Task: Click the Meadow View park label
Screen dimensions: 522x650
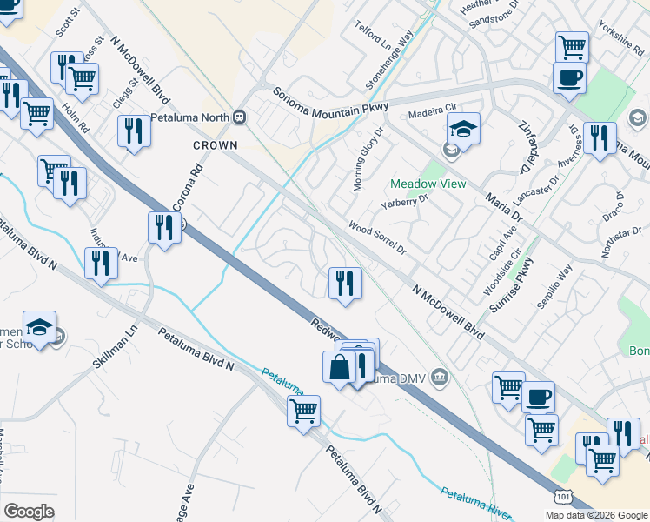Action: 428,184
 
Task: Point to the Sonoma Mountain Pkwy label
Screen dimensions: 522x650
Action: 331,101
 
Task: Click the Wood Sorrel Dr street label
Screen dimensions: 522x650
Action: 377,237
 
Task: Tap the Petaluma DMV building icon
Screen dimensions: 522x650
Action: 441,376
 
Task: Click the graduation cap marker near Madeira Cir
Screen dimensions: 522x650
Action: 464,130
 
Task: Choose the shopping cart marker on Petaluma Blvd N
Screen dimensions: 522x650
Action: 303,411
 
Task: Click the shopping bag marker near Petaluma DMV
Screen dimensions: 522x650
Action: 338,367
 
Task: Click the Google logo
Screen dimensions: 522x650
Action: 29,512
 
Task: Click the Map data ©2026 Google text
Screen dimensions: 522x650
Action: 595,515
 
